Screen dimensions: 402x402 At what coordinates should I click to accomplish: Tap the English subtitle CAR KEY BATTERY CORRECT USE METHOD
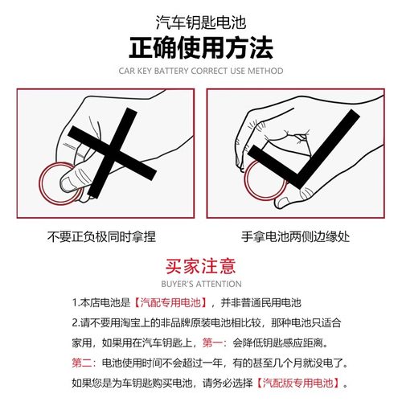point(200,71)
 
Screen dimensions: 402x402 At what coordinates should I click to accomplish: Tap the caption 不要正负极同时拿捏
point(101,236)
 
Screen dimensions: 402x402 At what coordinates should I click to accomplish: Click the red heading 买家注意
point(200,266)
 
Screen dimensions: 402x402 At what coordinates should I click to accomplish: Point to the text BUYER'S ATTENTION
point(200,284)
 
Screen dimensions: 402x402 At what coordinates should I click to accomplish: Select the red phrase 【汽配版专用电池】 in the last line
point(303,381)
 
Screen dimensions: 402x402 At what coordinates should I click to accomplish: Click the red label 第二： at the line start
point(85,362)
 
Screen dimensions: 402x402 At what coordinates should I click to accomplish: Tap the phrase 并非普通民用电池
point(256,304)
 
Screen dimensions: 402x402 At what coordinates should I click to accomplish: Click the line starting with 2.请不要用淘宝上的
point(201,323)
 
